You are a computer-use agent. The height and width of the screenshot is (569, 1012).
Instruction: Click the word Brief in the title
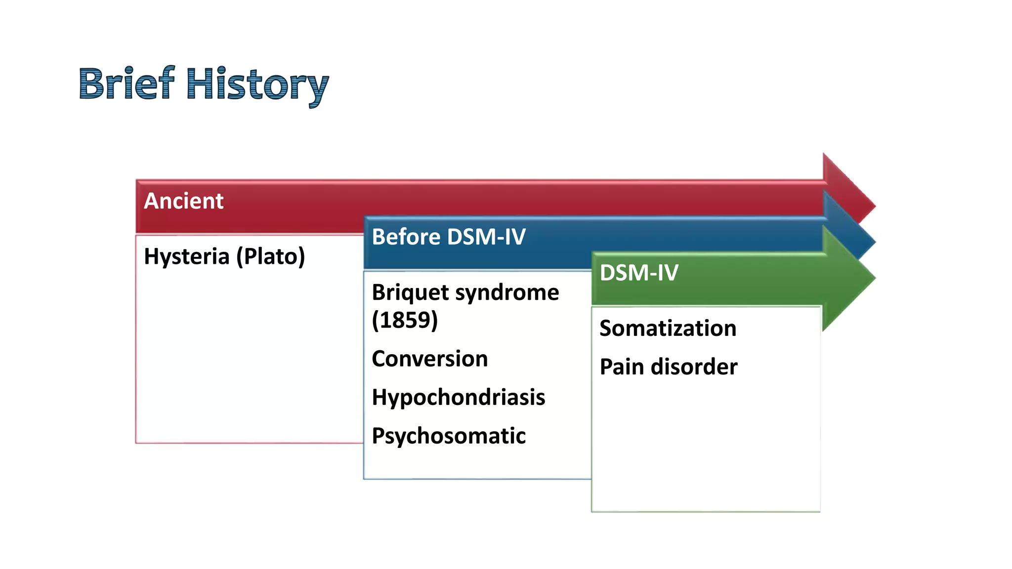126,83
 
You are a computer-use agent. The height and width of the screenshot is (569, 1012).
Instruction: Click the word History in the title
257,85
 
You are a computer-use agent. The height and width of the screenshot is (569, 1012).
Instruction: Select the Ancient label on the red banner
183,201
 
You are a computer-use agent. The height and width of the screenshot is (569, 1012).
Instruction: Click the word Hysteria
187,257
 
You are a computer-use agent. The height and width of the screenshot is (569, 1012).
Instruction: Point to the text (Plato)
270,257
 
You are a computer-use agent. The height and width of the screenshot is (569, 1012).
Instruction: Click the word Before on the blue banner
406,237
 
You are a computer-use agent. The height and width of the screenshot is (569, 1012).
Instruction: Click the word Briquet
410,292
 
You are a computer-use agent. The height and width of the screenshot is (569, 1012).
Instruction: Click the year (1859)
405,320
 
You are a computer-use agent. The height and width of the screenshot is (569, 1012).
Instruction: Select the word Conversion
429,359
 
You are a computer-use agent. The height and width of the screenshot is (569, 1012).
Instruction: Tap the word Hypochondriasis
458,398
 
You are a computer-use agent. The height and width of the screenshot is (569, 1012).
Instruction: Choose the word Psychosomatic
448,436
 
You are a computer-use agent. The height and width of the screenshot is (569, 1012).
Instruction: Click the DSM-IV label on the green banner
639,273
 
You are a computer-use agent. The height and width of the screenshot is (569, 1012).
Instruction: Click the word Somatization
668,328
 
